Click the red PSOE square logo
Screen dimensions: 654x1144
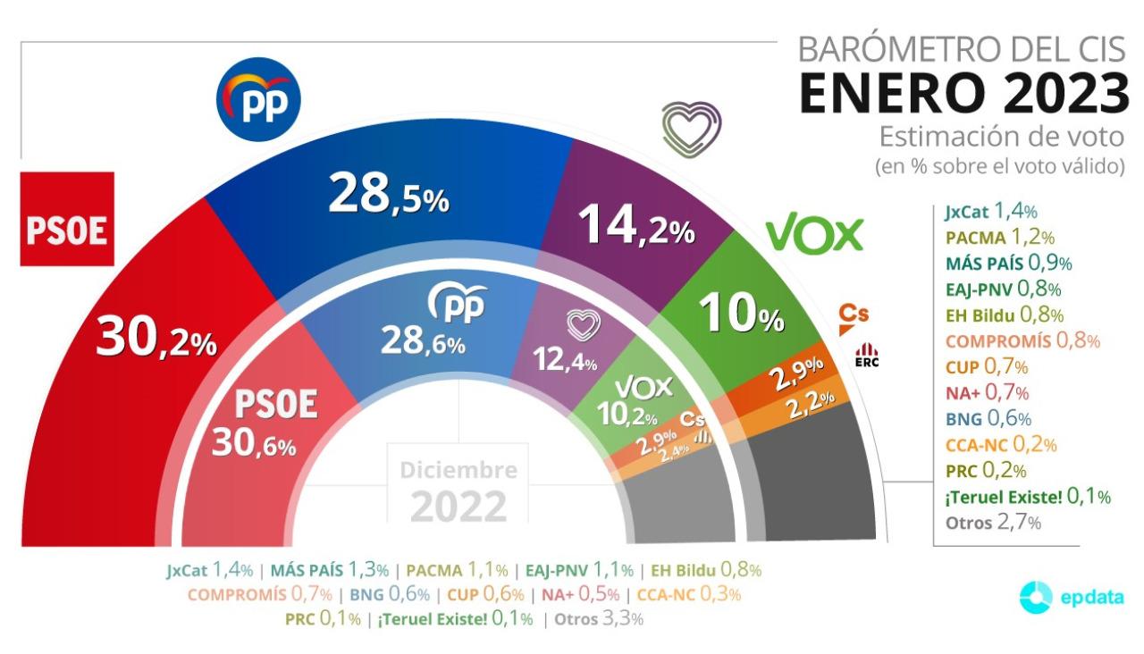click(67, 219)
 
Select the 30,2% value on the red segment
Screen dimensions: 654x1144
click(156, 340)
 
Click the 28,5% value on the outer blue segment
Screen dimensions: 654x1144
click(388, 196)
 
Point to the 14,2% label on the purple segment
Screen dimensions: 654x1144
click(636, 224)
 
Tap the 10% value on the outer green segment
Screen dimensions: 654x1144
click(741, 314)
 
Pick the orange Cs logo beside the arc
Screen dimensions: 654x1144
click(854, 315)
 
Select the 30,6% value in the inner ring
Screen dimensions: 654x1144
click(254, 442)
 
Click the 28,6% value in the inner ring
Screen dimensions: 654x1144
click(423, 341)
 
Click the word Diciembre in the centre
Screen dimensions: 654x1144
click(458, 469)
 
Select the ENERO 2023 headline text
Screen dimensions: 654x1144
click(963, 93)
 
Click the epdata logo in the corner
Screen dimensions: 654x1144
click(1071, 598)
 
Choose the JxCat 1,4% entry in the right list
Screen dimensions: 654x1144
click(990, 212)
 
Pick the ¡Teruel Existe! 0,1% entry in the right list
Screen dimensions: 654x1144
click(1027, 497)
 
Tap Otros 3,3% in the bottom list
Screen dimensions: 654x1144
click(598, 618)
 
